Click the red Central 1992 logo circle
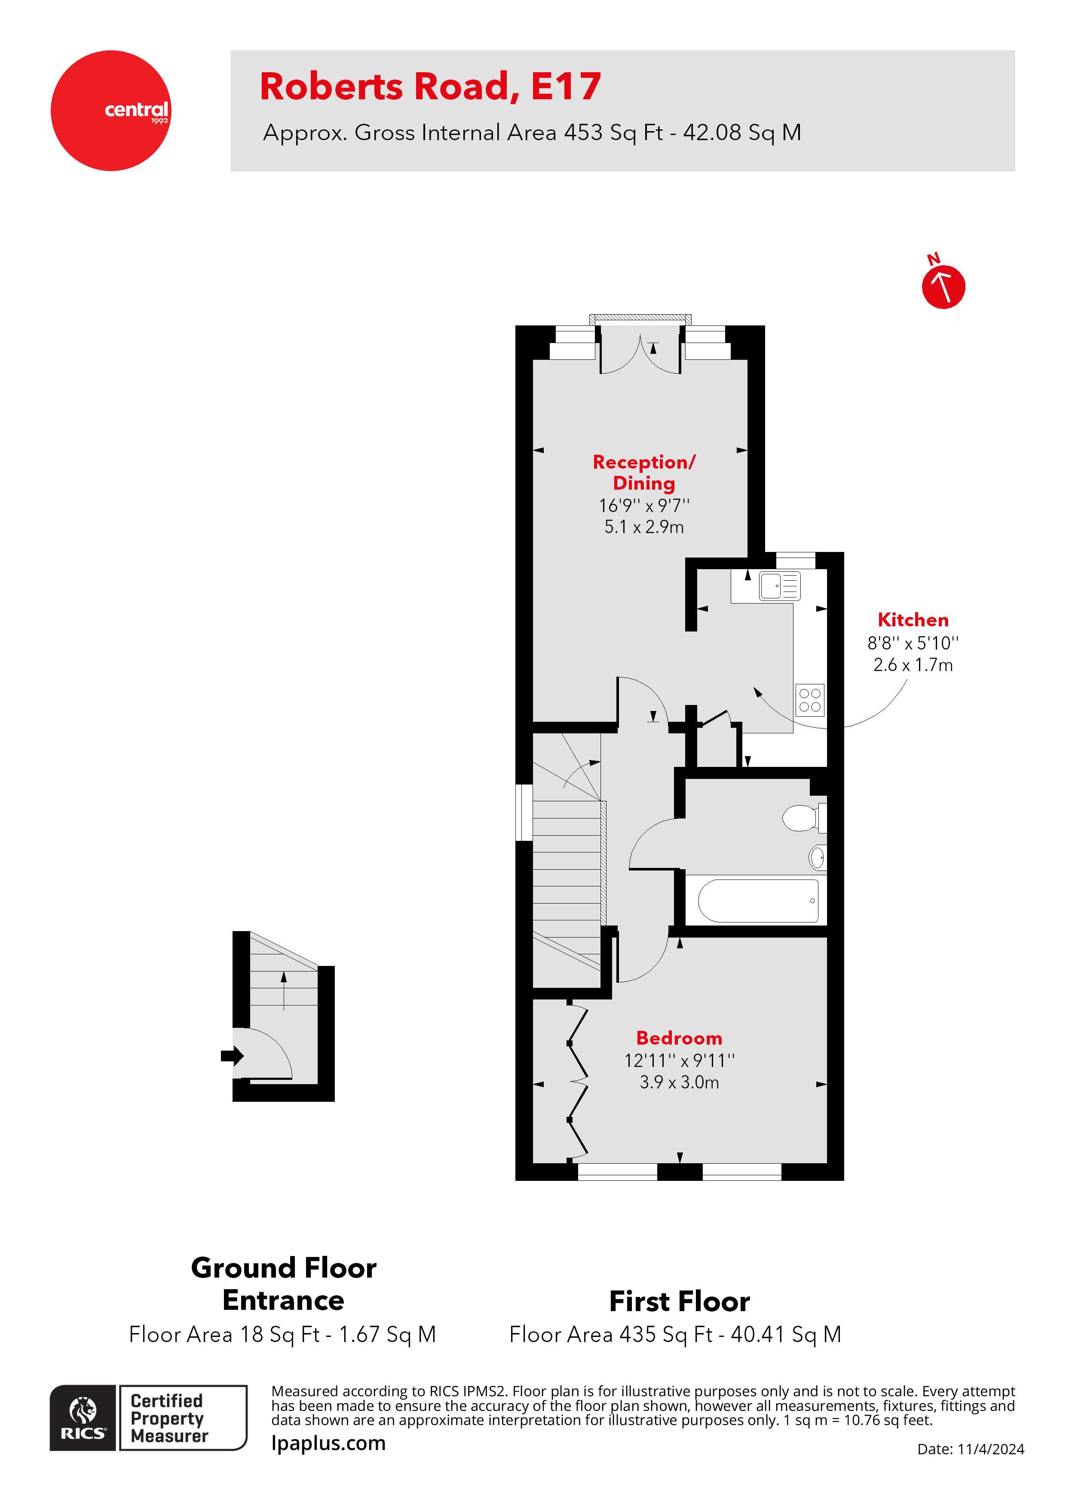[110, 110]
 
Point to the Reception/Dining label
[643, 472]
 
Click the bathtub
[757, 901]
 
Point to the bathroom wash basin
[817, 857]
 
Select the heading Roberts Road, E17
[430, 87]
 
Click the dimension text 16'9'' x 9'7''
[643, 506]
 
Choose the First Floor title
[679, 1301]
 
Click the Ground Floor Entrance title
[283, 1284]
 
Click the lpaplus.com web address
[328, 1443]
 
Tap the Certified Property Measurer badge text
[169, 1418]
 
